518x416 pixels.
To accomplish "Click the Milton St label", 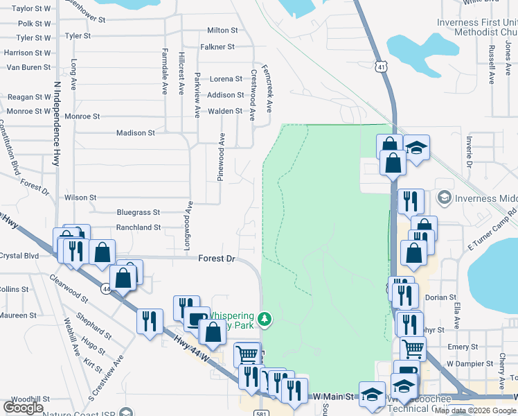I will (x=222, y=31).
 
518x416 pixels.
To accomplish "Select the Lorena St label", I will (x=226, y=79).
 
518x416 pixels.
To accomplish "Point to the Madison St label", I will (x=136, y=133).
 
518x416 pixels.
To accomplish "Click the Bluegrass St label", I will (x=139, y=212).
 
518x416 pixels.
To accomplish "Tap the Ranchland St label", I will (x=139, y=227).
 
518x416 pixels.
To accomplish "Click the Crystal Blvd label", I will (x=19, y=255).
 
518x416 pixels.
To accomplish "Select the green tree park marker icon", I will (x=263, y=319).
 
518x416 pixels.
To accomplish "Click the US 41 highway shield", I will (x=382, y=67).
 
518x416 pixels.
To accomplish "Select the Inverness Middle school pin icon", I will (x=444, y=198).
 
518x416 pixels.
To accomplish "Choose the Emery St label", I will (x=463, y=347).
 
